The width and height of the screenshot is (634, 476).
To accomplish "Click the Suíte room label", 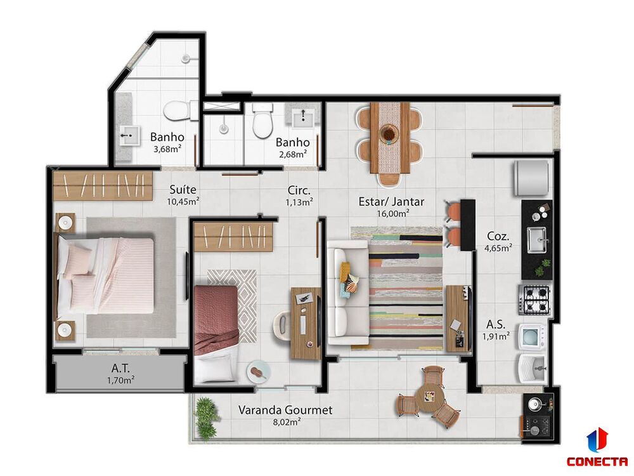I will pyautogui.click(x=184, y=189).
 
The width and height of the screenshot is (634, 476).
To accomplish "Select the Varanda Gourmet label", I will pyautogui.click(x=285, y=410).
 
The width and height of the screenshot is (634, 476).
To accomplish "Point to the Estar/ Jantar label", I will pyautogui.click(x=391, y=201).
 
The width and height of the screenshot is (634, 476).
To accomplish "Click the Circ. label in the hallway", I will pyautogui.click(x=298, y=189).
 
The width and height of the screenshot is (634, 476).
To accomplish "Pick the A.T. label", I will pyautogui.click(x=120, y=367).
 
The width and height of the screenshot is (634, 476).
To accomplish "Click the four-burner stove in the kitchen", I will pyautogui.click(x=535, y=300).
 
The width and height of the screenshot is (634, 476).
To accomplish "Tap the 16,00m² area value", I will pyautogui.click(x=392, y=214).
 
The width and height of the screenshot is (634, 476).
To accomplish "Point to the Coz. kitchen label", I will pyautogui.click(x=496, y=233).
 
